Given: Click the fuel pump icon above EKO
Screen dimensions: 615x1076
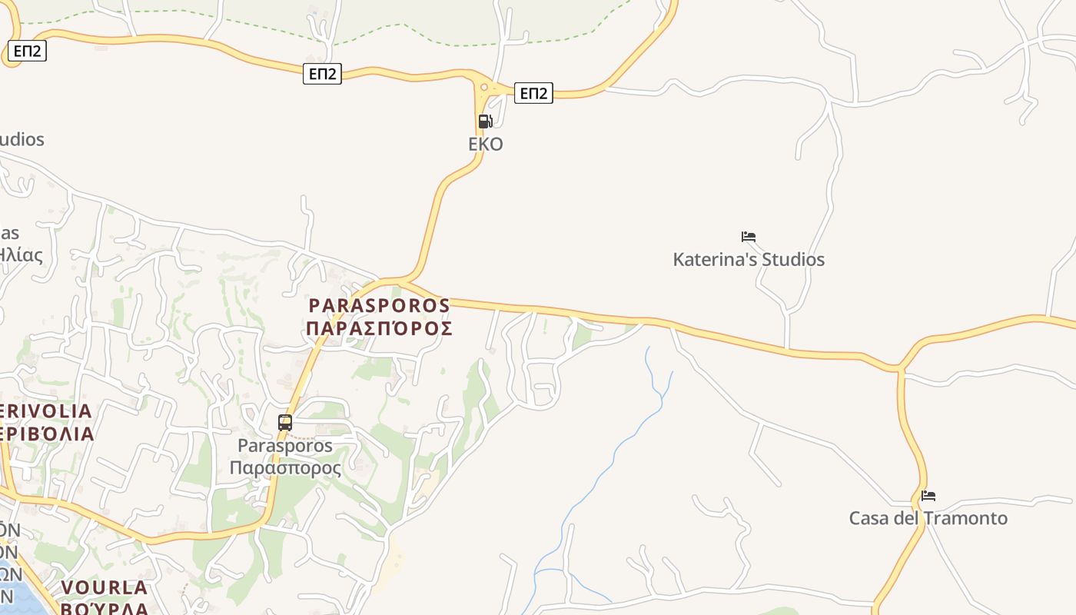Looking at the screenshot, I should (485, 121).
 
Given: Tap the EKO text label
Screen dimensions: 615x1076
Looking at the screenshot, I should (486, 144).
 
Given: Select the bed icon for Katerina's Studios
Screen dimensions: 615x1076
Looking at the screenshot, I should (748, 237).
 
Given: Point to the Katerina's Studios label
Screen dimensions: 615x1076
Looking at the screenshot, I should (748, 259).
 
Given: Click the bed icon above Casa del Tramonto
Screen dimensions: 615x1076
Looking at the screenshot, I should (928, 496).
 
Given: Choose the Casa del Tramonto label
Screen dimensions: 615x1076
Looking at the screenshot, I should (928, 518).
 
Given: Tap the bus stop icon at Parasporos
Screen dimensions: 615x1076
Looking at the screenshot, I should (285, 422).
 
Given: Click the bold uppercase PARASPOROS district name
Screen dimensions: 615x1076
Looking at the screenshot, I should (379, 305).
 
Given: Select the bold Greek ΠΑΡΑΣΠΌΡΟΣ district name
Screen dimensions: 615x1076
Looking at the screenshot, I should (379, 328).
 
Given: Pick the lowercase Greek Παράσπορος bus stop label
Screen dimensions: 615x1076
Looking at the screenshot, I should (285, 467).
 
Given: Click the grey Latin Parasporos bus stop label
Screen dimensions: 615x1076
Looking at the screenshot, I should (285, 446).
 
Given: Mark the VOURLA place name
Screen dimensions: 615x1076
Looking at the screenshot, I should (104, 588).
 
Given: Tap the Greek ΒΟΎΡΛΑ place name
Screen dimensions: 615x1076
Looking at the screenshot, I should (104, 607).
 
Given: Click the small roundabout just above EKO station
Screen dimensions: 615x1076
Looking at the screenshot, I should (483, 88).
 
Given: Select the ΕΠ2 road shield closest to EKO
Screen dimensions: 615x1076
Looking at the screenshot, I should (533, 93).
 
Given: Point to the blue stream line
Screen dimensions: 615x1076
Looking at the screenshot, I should (615, 461).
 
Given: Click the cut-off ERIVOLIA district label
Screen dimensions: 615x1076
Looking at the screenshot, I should (46, 411).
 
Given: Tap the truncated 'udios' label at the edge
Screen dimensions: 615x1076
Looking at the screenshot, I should (22, 139).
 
